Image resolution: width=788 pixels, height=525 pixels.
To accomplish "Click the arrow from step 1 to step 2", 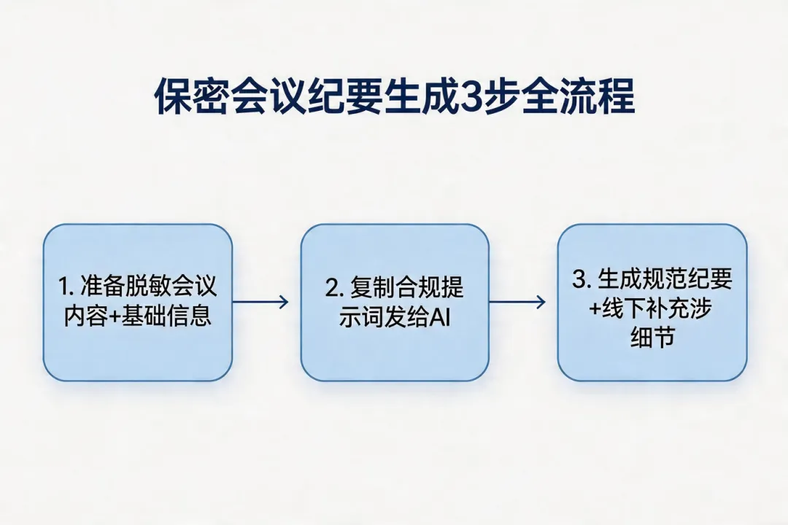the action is pyautogui.click(x=260, y=302).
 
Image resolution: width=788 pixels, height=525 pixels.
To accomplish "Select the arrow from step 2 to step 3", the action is pyautogui.click(x=517, y=302).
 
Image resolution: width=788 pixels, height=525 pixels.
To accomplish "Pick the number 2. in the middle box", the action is pyautogui.click(x=333, y=288).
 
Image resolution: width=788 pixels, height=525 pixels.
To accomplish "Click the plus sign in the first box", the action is pyautogui.click(x=115, y=318).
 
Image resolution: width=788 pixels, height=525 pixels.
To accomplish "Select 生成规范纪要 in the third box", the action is pyautogui.click(x=665, y=280).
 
